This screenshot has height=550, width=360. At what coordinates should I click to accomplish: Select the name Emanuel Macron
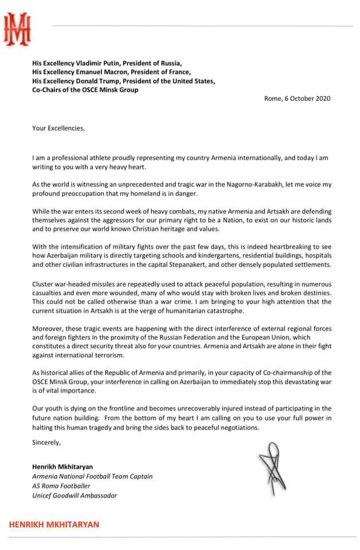tap(101, 72)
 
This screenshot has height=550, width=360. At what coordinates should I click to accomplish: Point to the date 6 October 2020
tap(307, 99)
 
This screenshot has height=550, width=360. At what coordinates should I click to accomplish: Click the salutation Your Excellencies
tap(58, 128)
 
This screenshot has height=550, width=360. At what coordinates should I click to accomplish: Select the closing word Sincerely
tap(46, 442)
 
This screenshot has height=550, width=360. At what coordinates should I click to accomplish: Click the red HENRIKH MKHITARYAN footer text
tap(53, 524)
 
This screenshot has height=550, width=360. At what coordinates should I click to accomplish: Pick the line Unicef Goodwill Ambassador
tap(75, 495)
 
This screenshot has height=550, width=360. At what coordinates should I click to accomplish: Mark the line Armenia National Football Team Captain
tap(92, 476)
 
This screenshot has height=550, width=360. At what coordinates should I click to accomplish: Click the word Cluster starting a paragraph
tap(45, 285)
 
